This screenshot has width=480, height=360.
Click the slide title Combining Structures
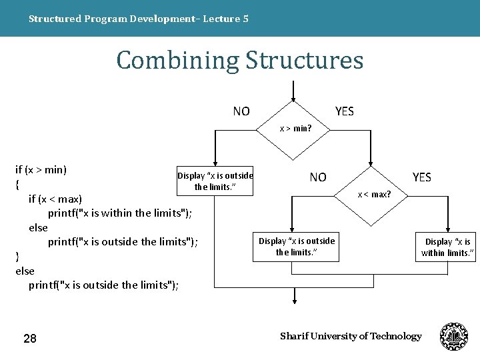click(240, 60)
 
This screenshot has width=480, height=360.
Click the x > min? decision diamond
click(295, 127)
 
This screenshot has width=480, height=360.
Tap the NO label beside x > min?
click(241, 111)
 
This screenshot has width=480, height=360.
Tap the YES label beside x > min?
click(345, 111)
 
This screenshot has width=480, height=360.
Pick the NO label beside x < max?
click(318, 177)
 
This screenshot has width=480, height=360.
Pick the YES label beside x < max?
click(422, 177)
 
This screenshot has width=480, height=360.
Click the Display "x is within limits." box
click(447, 247)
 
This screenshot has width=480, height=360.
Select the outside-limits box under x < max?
click(297, 246)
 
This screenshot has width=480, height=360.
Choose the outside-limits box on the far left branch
click(215, 181)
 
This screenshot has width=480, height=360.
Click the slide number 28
click(30, 339)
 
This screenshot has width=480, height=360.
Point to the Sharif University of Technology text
click(351, 336)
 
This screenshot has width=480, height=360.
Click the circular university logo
click(454, 337)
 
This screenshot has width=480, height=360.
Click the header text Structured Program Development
click(139, 19)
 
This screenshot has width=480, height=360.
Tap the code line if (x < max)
click(55, 199)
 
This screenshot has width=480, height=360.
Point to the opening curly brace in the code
click(17, 184)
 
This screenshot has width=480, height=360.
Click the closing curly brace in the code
click(17, 257)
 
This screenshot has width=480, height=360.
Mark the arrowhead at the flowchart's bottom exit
click(294, 301)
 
